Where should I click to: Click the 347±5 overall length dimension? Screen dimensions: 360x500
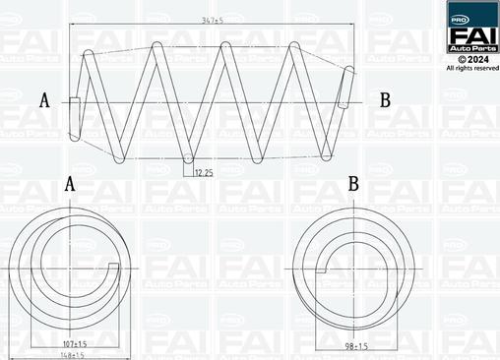tap(208, 19)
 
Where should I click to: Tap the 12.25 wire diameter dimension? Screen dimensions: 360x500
tap(204, 173)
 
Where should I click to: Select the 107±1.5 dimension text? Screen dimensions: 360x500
tap(74, 343)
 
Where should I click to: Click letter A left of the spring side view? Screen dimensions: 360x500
tap(44, 100)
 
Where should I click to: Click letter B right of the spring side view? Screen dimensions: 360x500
tap(385, 100)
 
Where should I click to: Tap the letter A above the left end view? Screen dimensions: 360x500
tap(69, 184)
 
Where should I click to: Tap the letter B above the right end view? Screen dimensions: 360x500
tap(352, 184)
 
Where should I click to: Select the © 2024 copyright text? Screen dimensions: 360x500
tap(473, 59)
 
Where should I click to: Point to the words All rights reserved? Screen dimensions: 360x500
tap(472, 68)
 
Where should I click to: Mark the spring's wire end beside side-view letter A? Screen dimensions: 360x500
tap(74, 101)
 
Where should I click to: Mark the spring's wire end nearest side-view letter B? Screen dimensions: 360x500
tap(345, 89)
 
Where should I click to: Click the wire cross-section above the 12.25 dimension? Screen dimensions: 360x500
tap(188, 158)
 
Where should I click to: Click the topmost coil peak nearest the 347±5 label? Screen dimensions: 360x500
tap(225, 45)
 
